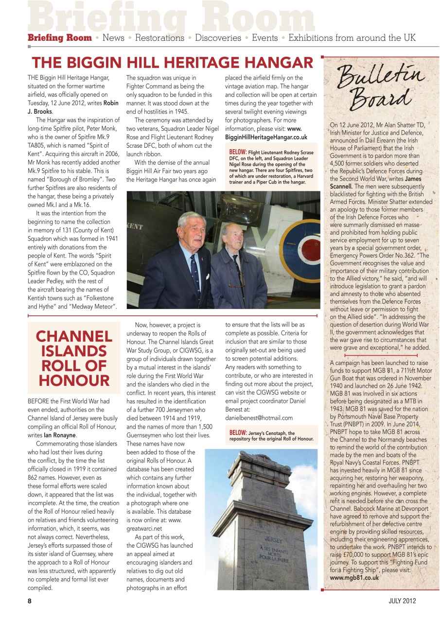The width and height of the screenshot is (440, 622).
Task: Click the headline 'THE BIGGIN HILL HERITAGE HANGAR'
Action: point(173,63)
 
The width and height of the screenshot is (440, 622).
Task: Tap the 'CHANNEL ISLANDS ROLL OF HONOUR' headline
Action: point(74,358)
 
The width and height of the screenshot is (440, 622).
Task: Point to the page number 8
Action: point(30,601)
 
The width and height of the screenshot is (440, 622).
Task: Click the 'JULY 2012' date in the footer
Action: point(402,601)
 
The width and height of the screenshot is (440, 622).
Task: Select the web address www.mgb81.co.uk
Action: point(354,577)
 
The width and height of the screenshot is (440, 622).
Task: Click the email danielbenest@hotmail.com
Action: point(259,417)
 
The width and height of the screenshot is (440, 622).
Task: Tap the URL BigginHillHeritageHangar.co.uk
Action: point(266,137)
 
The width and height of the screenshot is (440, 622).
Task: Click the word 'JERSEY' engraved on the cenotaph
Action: point(274,539)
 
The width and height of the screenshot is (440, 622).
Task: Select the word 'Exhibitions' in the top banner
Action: point(310,38)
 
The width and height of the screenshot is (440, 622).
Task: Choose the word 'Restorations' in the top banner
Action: point(159,38)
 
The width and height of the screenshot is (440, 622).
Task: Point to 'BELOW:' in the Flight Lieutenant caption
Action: point(238,153)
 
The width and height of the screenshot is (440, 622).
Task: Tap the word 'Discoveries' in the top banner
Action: point(218,38)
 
